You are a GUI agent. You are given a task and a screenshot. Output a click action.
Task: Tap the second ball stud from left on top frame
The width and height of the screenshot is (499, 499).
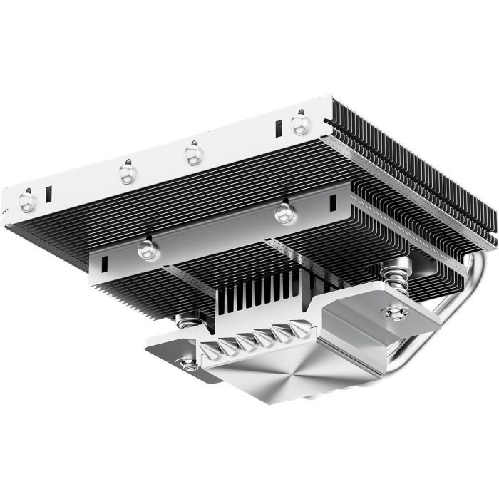tap(128, 173)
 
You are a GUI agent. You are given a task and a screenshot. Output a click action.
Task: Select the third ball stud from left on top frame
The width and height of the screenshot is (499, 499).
tap(192, 154)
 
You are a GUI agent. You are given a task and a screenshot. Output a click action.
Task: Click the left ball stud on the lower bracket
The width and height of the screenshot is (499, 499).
tap(148, 247)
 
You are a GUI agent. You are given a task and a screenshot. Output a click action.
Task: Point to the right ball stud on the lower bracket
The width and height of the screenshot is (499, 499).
tap(284, 211)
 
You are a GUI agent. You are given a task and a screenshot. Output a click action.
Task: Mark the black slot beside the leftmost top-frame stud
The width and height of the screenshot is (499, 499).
tap(48, 193)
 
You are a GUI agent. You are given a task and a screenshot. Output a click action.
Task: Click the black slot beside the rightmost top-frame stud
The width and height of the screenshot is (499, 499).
tap(278, 130)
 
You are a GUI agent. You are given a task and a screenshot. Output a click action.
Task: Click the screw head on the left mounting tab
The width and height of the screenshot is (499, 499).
tap(190, 365)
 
